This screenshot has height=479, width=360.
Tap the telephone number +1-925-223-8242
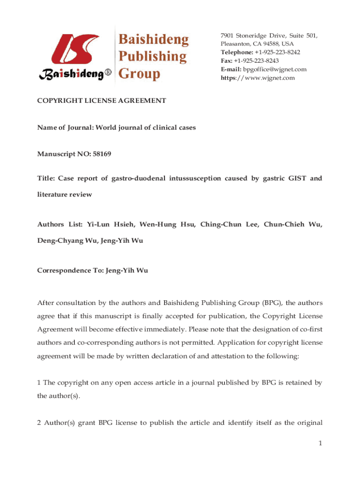click(277, 52)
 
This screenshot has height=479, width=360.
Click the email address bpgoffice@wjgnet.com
click(275, 69)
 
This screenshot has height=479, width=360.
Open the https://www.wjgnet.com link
click(258, 78)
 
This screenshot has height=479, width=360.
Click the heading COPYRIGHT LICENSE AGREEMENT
click(101, 101)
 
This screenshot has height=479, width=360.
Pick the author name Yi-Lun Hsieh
click(110, 225)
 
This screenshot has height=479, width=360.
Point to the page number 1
click(320, 443)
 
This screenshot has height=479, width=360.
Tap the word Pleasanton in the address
click(236, 44)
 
